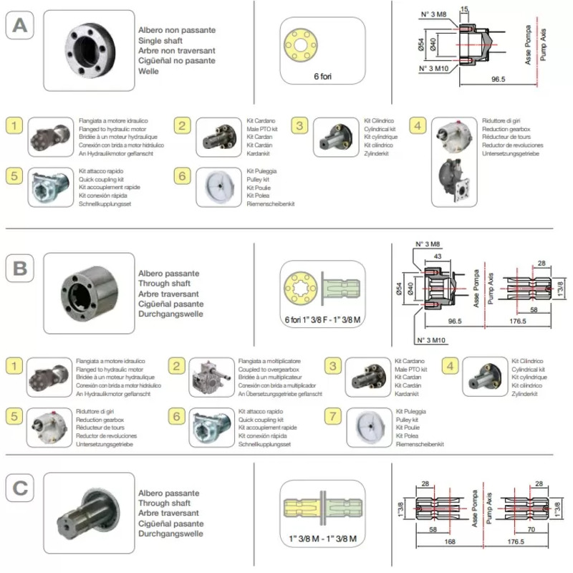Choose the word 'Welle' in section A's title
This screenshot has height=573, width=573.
click(148, 72)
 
